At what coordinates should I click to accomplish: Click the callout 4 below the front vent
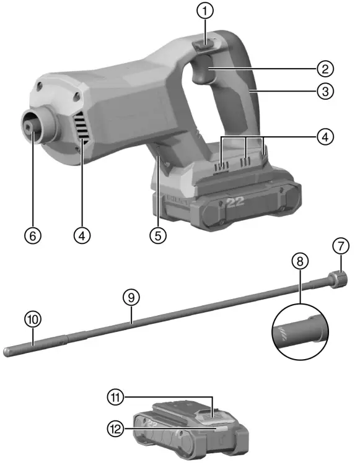(x=82, y=235)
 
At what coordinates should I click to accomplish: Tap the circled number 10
(x=32, y=319)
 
